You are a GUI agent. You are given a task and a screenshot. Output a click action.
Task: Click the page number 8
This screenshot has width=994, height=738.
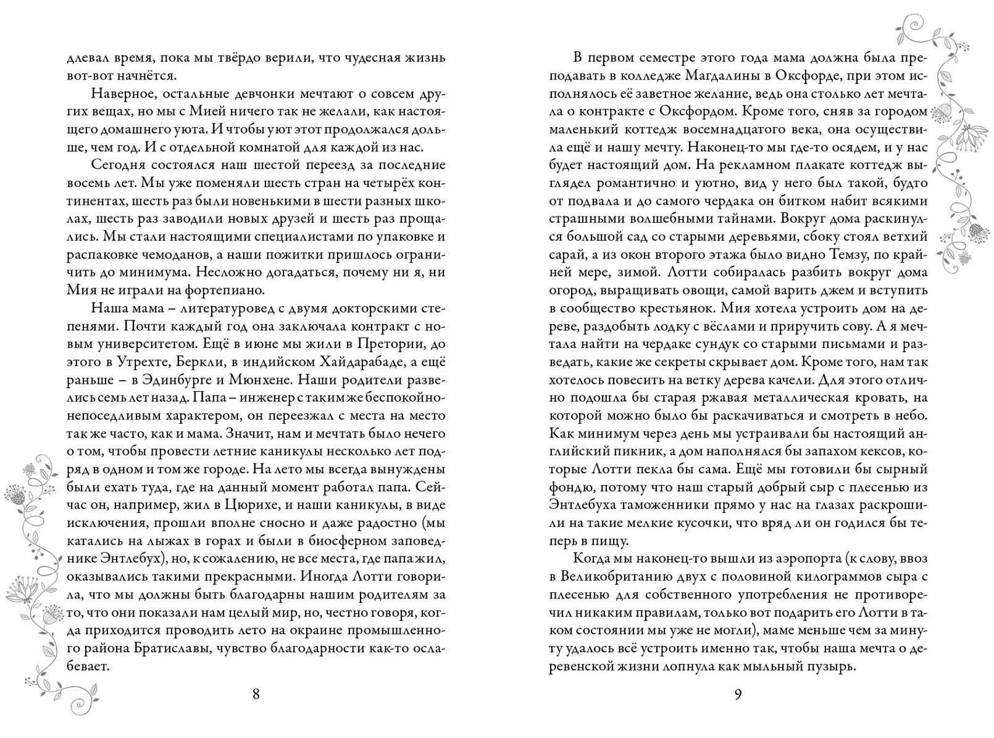coord(256,694)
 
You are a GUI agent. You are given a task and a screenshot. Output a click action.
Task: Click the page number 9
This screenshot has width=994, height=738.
coord(738,694)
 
